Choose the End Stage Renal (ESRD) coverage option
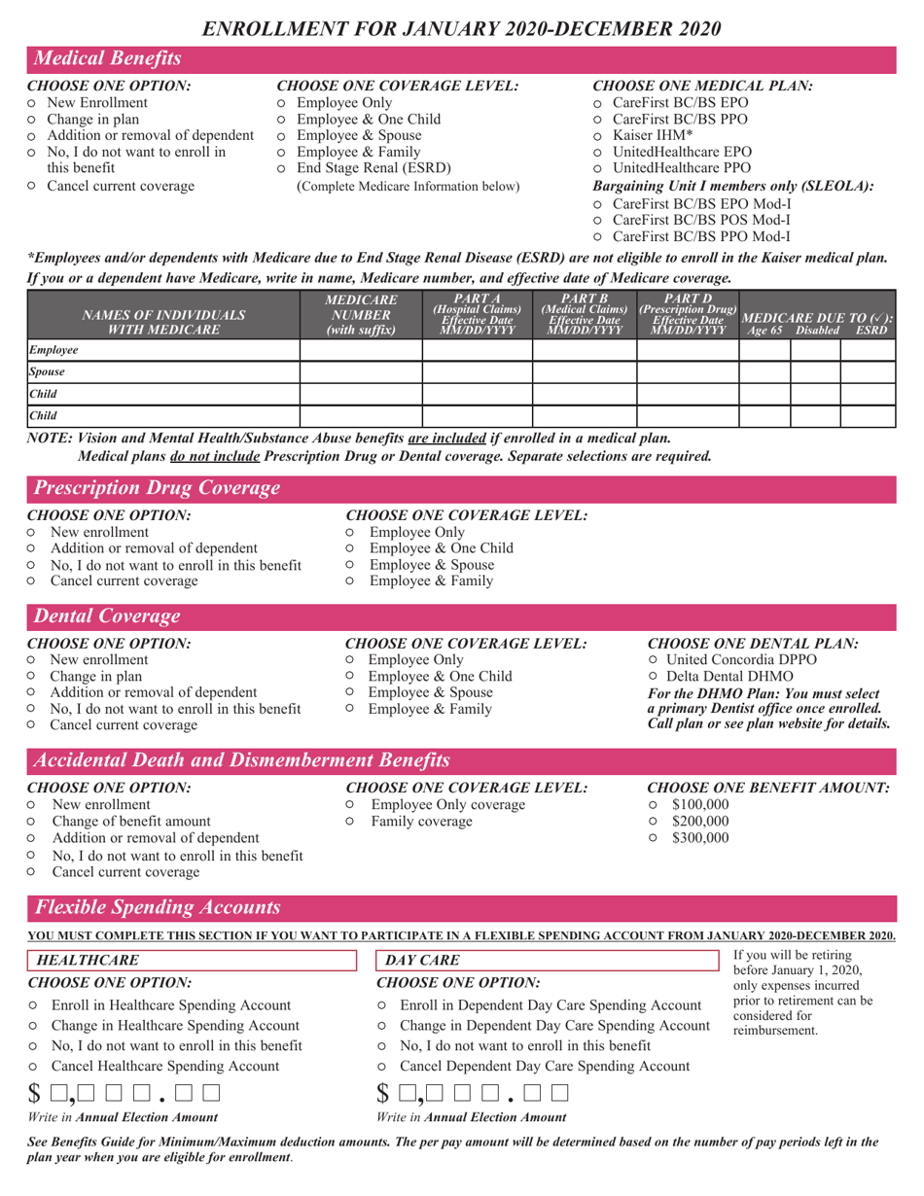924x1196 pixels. [282, 168]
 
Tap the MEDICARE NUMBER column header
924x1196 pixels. [360, 313]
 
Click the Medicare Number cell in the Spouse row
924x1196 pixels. [360, 370]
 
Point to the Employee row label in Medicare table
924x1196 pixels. [53, 348]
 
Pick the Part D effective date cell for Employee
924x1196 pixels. [687, 348]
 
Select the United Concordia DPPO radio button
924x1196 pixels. [654, 659]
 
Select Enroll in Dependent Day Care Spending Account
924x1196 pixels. [383, 1003]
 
